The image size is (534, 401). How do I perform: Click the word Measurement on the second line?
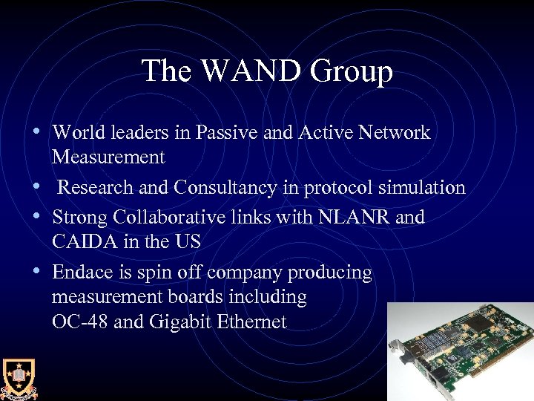coord(108,157)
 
